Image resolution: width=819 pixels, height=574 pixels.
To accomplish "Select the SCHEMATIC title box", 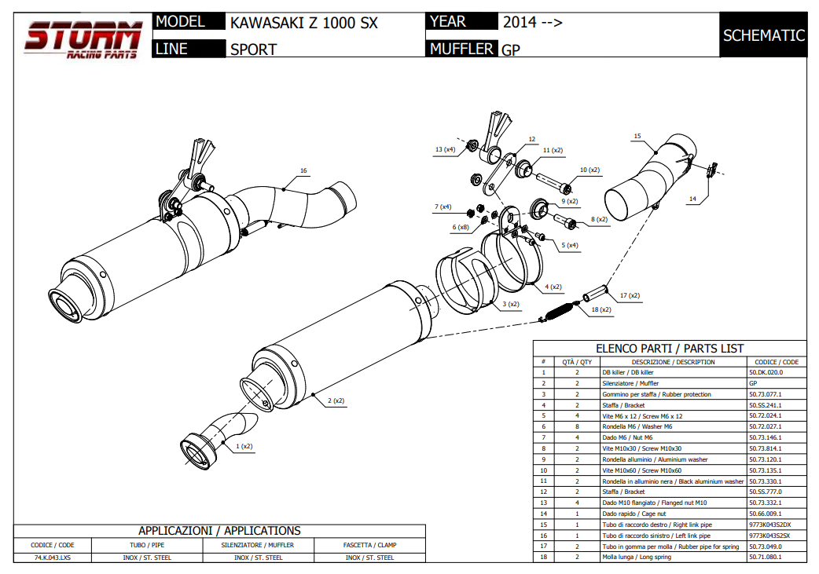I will pyautogui.click(x=763, y=35).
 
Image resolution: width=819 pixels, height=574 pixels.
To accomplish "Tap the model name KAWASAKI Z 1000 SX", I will pyautogui.click(x=303, y=23).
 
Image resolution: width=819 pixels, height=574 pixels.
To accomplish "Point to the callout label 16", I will pyautogui.click(x=303, y=170).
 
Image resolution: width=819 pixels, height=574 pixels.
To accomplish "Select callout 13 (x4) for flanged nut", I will pyautogui.click(x=445, y=149).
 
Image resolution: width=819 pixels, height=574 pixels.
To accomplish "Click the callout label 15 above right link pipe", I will pyautogui.click(x=637, y=136).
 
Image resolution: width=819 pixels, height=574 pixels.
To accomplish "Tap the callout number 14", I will pyautogui.click(x=692, y=199).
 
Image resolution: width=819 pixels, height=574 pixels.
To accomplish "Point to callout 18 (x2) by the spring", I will pyautogui.click(x=600, y=310).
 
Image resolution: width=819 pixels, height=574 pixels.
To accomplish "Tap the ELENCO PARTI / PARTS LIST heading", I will pyautogui.click(x=670, y=349).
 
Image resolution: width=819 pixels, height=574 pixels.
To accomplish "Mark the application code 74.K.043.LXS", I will pyautogui.click(x=53, y=558).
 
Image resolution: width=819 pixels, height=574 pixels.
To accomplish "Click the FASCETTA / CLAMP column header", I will pyautogui.click(x=369, y=544).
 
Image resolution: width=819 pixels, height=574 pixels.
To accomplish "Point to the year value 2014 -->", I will pyautogui.click(x=532, y=22).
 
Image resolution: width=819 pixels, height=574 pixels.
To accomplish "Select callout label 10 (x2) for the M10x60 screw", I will pyautogui.click(x=589, y=170).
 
